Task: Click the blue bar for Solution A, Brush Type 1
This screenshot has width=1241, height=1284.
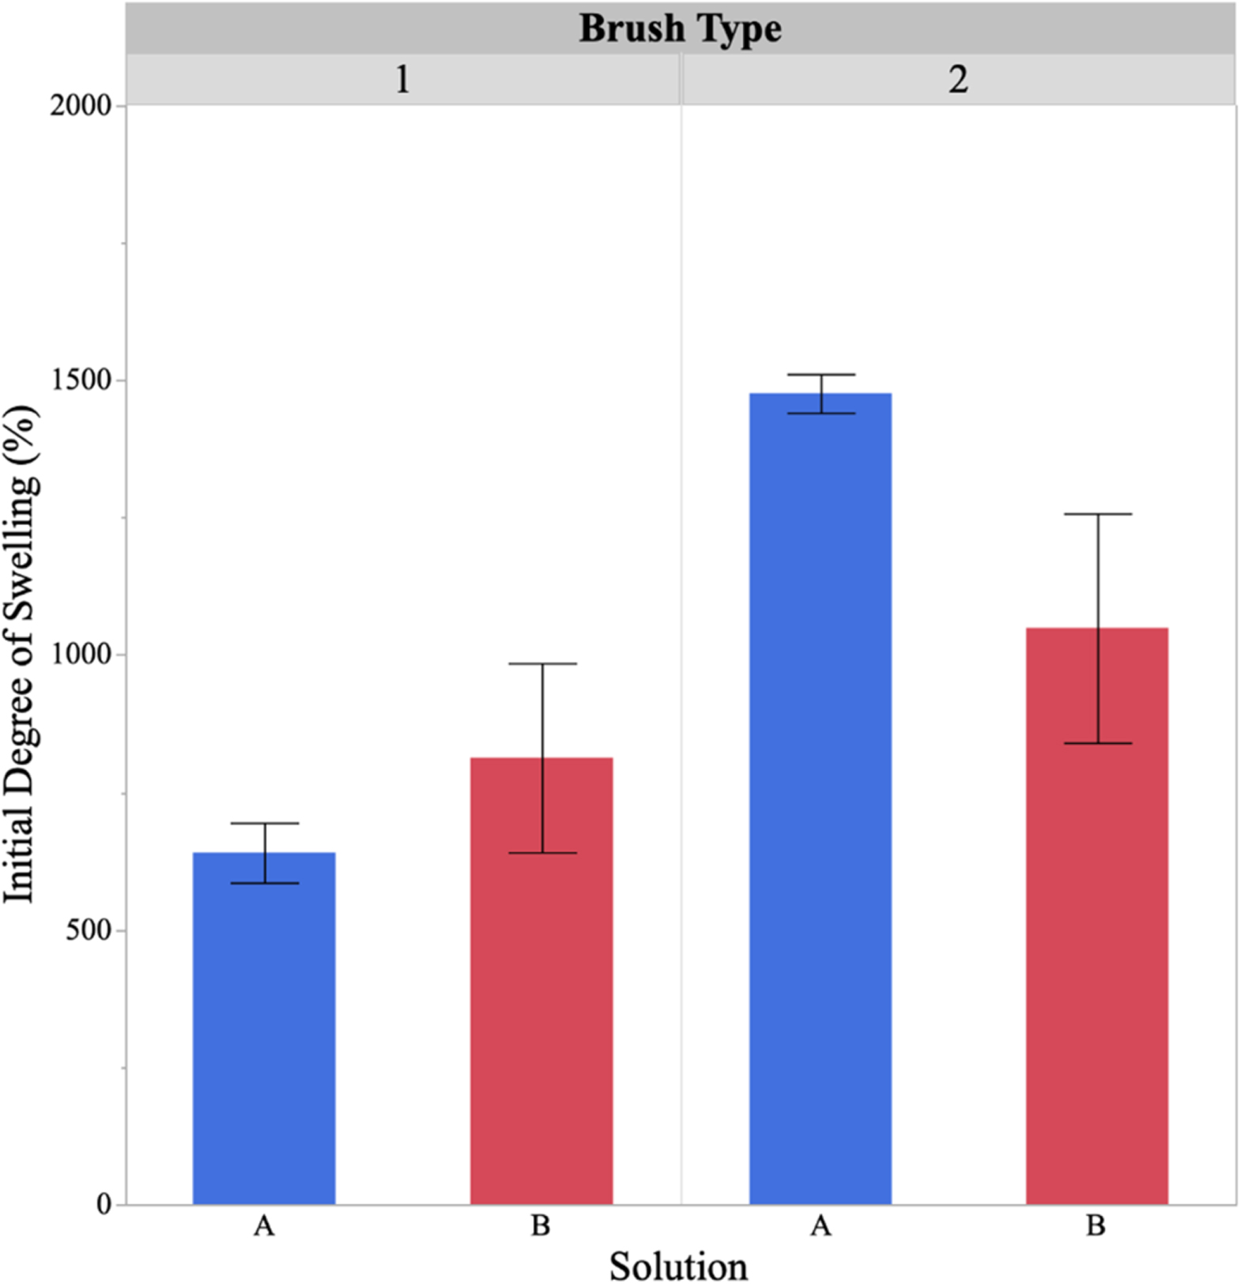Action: coord(264,1028)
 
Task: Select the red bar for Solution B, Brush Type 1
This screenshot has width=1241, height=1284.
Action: coord(541,980)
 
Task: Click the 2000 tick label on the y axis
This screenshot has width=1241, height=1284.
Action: coord(81,105)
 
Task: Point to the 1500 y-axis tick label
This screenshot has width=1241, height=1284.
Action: coord(81,380)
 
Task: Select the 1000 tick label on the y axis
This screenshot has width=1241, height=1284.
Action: coord(81,655)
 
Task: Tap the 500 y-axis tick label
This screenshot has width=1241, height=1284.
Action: coord(88,930)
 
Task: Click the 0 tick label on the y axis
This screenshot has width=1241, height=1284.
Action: coord(104,1204)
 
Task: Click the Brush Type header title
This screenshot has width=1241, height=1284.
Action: coord(680,29)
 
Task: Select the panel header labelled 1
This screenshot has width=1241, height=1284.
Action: coord(402,79)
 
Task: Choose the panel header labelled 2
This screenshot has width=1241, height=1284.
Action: coord(958,79)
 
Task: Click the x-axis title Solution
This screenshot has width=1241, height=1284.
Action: coord(678,1266)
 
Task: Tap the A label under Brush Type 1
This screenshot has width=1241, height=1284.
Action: coord(264,1226)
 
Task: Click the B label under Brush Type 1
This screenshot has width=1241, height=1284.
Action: coord(541,1226)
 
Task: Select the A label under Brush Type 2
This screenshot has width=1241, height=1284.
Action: coord(820,1226)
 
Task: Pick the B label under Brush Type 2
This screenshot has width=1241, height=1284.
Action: coord(1096,1226)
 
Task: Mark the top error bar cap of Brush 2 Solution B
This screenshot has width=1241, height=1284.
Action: coord(1098,514)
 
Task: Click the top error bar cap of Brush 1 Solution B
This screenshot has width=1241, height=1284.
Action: coord(542,663)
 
